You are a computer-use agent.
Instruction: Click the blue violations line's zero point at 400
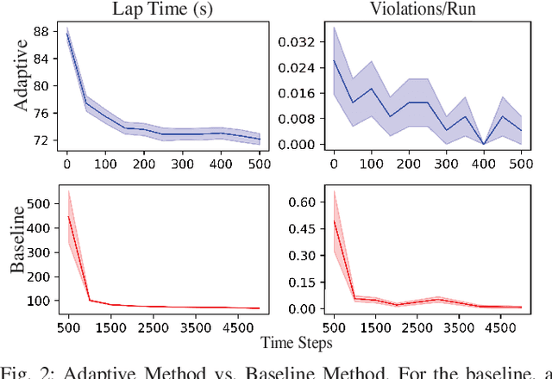485,144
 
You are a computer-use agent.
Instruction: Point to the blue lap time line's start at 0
67,34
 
